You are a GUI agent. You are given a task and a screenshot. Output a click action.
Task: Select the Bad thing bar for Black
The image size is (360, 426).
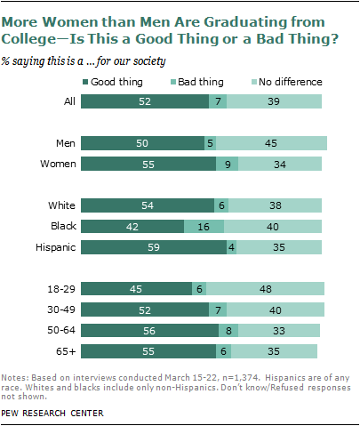click(x=204, y=226)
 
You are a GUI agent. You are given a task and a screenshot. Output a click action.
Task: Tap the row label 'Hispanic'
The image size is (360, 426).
click(x=52, y=245)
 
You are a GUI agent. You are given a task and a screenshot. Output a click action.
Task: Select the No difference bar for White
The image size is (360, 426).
click(x=276, y=205)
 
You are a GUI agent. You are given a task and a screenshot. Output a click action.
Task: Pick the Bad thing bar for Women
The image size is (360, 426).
click(x=228, y=163)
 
